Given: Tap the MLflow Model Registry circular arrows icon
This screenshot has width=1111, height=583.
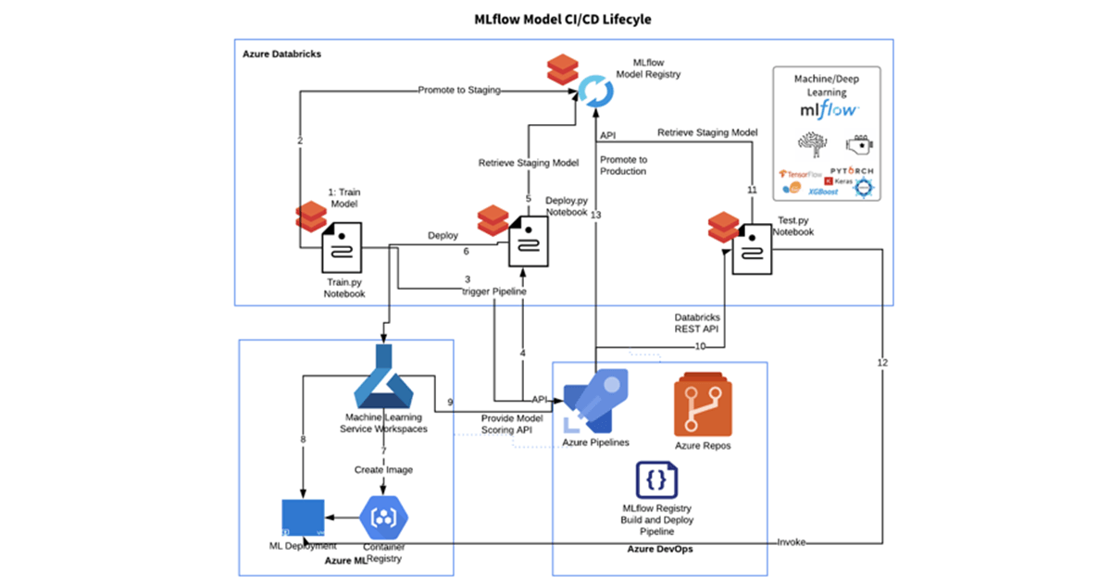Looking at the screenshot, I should pos(593,90).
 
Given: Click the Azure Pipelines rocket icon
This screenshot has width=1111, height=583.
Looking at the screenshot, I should pos(596,401).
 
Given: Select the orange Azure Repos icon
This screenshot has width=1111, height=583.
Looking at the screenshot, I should pos(703,403).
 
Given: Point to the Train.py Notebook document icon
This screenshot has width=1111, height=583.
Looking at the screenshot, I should pos(343,249).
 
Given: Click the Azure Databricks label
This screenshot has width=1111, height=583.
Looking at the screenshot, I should pos(281,55).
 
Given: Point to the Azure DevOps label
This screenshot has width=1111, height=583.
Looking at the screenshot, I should pos(659,550).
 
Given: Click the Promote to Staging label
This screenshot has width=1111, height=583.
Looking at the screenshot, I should pos(459,90).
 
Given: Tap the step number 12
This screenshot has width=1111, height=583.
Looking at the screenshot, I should pos(881,362).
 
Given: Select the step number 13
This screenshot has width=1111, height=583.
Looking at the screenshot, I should pos(595,215).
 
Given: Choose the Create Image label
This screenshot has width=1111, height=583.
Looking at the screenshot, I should pos(383,470).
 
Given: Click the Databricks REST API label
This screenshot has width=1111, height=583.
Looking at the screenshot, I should pos(697,323).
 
